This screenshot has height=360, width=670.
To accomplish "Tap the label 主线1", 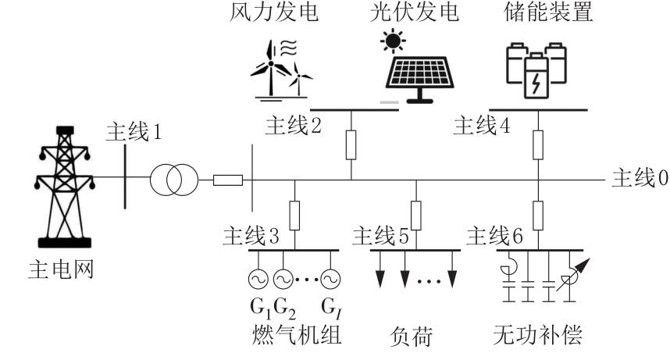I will [134, 133].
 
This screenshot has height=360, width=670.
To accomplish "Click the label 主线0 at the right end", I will [640, 179].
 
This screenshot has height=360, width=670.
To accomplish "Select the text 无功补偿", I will [538, 338].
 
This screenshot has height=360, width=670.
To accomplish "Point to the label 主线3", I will [251, 234].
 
